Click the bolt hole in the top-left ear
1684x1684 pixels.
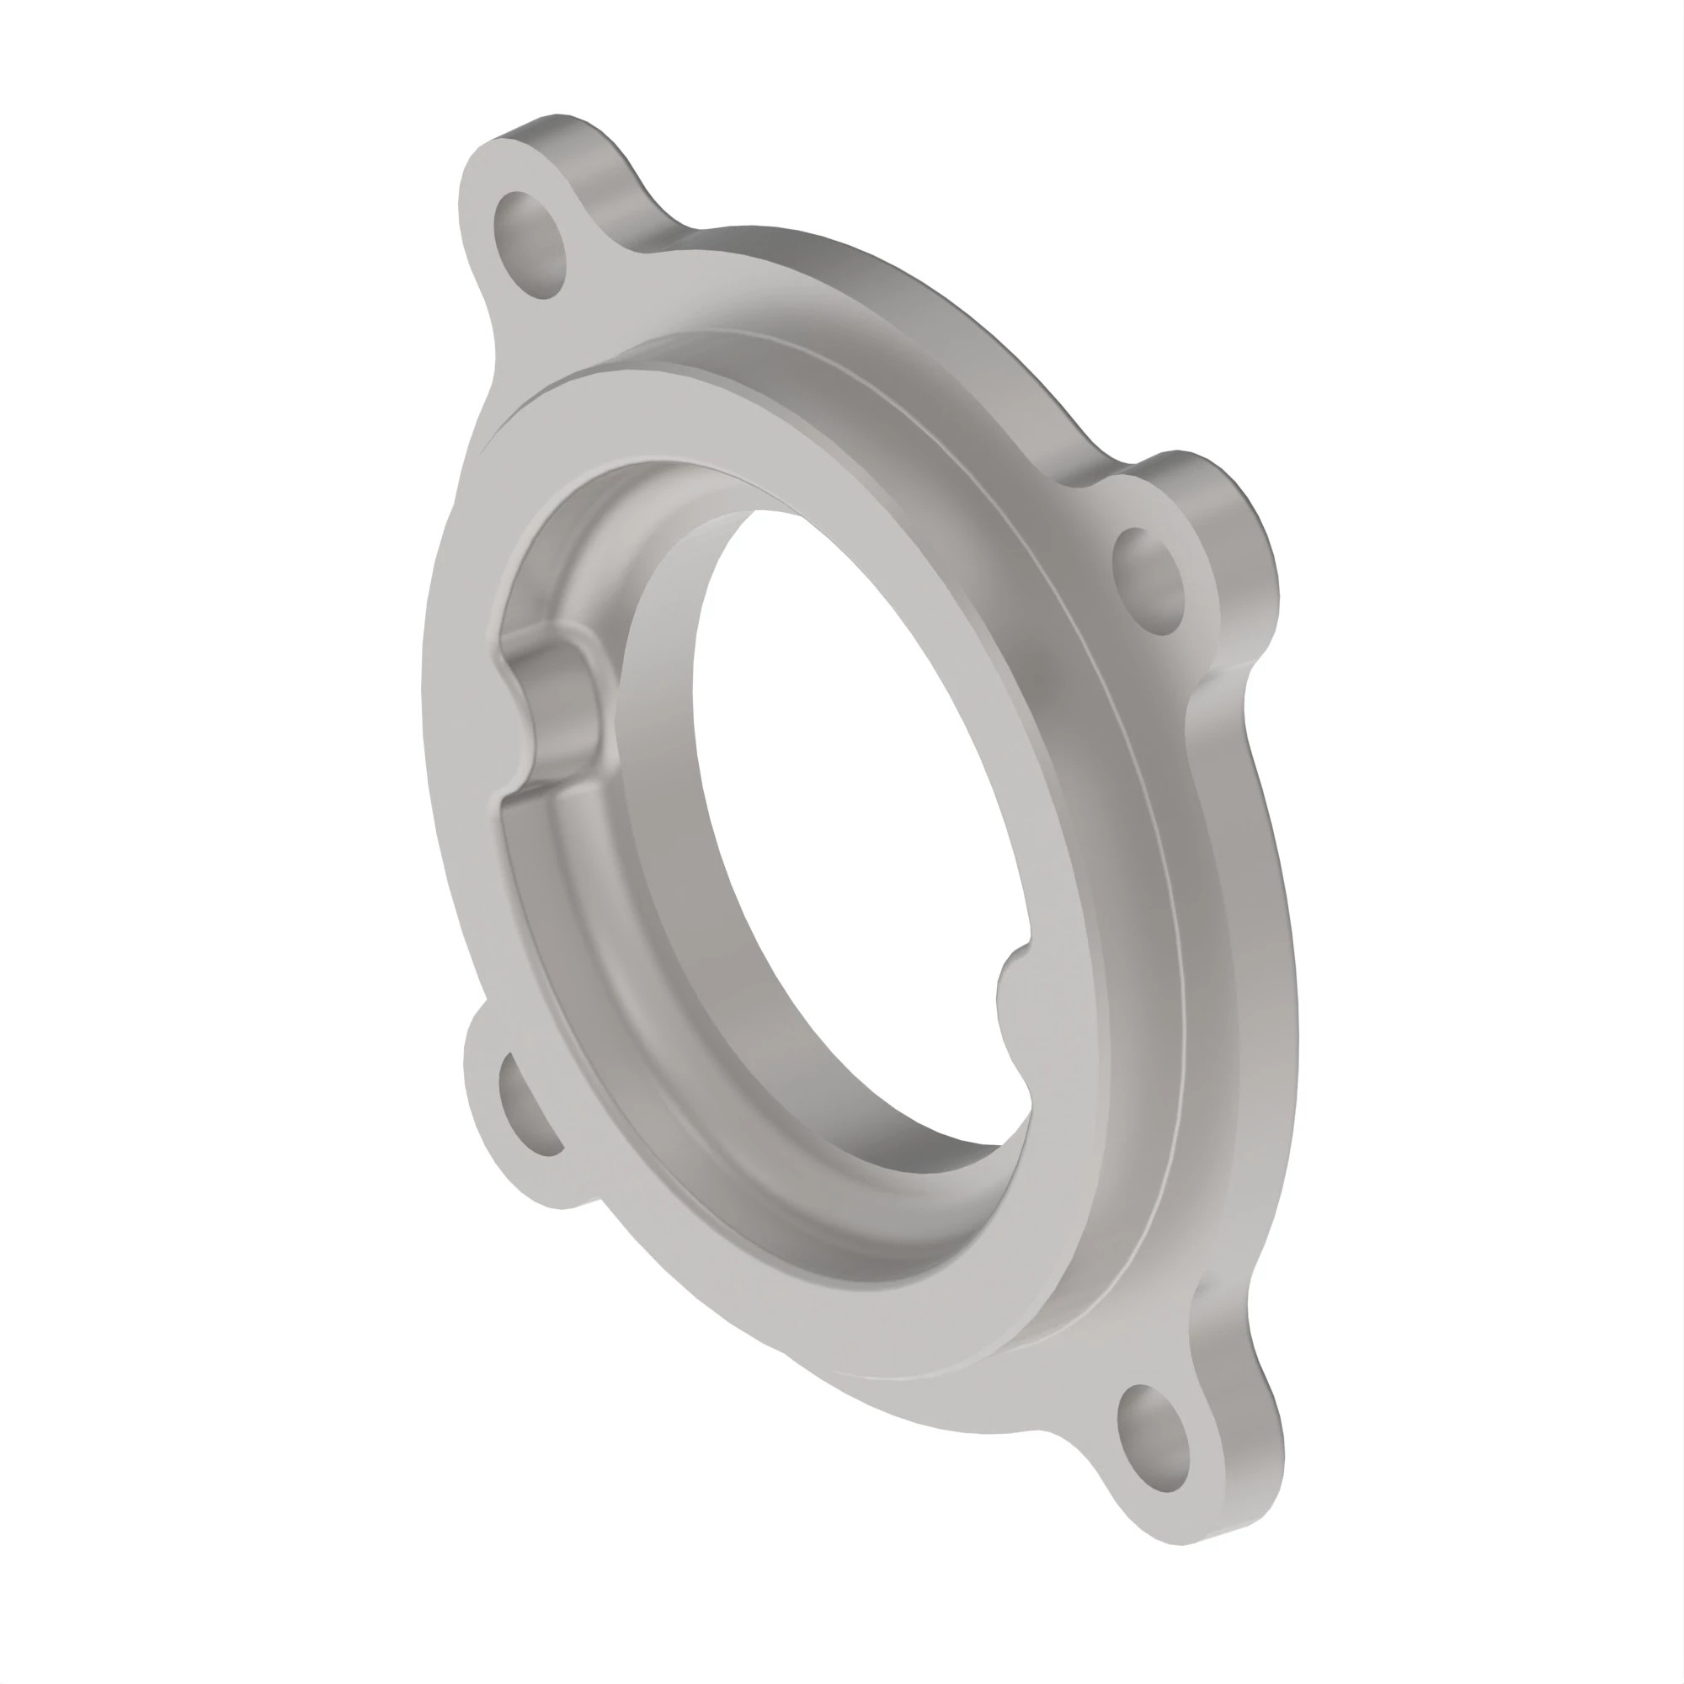click(x=530, y=244)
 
